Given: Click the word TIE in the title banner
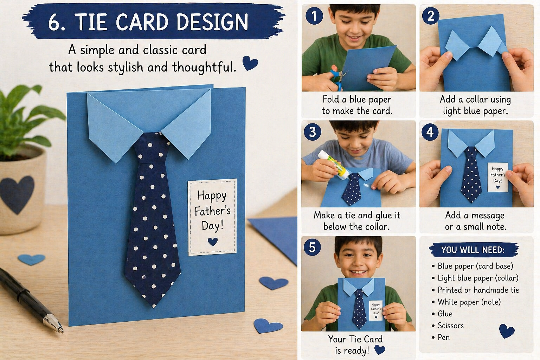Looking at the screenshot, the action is tap(91, 22).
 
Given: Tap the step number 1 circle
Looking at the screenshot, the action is tap(314, 16).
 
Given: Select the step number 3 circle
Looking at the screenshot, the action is tap(312, 132).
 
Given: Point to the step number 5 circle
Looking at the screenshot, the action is tap(312, 247).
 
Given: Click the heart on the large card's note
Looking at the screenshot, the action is tap(213, 242).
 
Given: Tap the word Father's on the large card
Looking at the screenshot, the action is tap(212, 211).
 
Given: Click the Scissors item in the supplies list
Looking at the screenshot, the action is tap(450, 326).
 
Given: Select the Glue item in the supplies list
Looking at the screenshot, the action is tap(445, 314).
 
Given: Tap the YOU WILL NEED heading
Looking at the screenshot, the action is tap(473, 250).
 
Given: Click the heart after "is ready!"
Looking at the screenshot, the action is tap(380, 350).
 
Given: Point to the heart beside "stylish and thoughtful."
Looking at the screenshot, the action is tap(250, 63).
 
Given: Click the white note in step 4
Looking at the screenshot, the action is tap(498, 177).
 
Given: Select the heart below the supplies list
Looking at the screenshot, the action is tap(507, 331).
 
